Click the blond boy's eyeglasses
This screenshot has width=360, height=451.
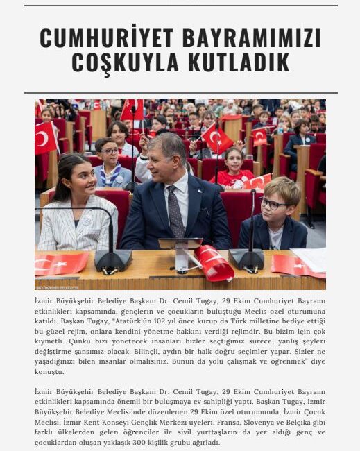[x=273, y=204]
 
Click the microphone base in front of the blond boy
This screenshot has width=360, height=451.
[x=246, y=259]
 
